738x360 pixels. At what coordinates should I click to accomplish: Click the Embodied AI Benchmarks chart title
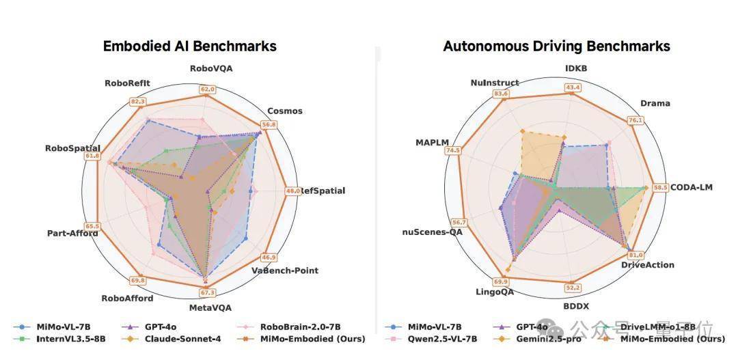pos(189,46)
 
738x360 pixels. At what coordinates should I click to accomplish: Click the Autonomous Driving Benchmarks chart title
pos(556,46)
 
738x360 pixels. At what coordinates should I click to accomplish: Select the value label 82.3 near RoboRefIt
pos(139,102)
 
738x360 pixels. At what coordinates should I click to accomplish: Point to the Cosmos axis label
pos(284,111)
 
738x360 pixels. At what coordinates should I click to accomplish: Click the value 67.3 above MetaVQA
pos(207,293)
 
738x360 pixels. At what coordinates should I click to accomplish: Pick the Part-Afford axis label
pos(72,234)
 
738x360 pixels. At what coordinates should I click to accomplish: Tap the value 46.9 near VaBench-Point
pos(270,258)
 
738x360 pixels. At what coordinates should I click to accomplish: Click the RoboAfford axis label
pos(128,298)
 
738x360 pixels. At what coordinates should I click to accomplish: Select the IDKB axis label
pos(576,68)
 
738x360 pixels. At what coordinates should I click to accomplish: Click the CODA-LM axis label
pos(691,187)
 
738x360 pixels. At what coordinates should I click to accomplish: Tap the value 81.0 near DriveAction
pos(635,255)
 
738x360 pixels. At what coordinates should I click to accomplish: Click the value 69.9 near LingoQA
pos(501,282)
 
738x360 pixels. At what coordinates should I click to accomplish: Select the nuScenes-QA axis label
pos(433,232)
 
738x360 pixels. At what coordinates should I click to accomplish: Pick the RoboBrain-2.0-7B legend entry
pos(300,327)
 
